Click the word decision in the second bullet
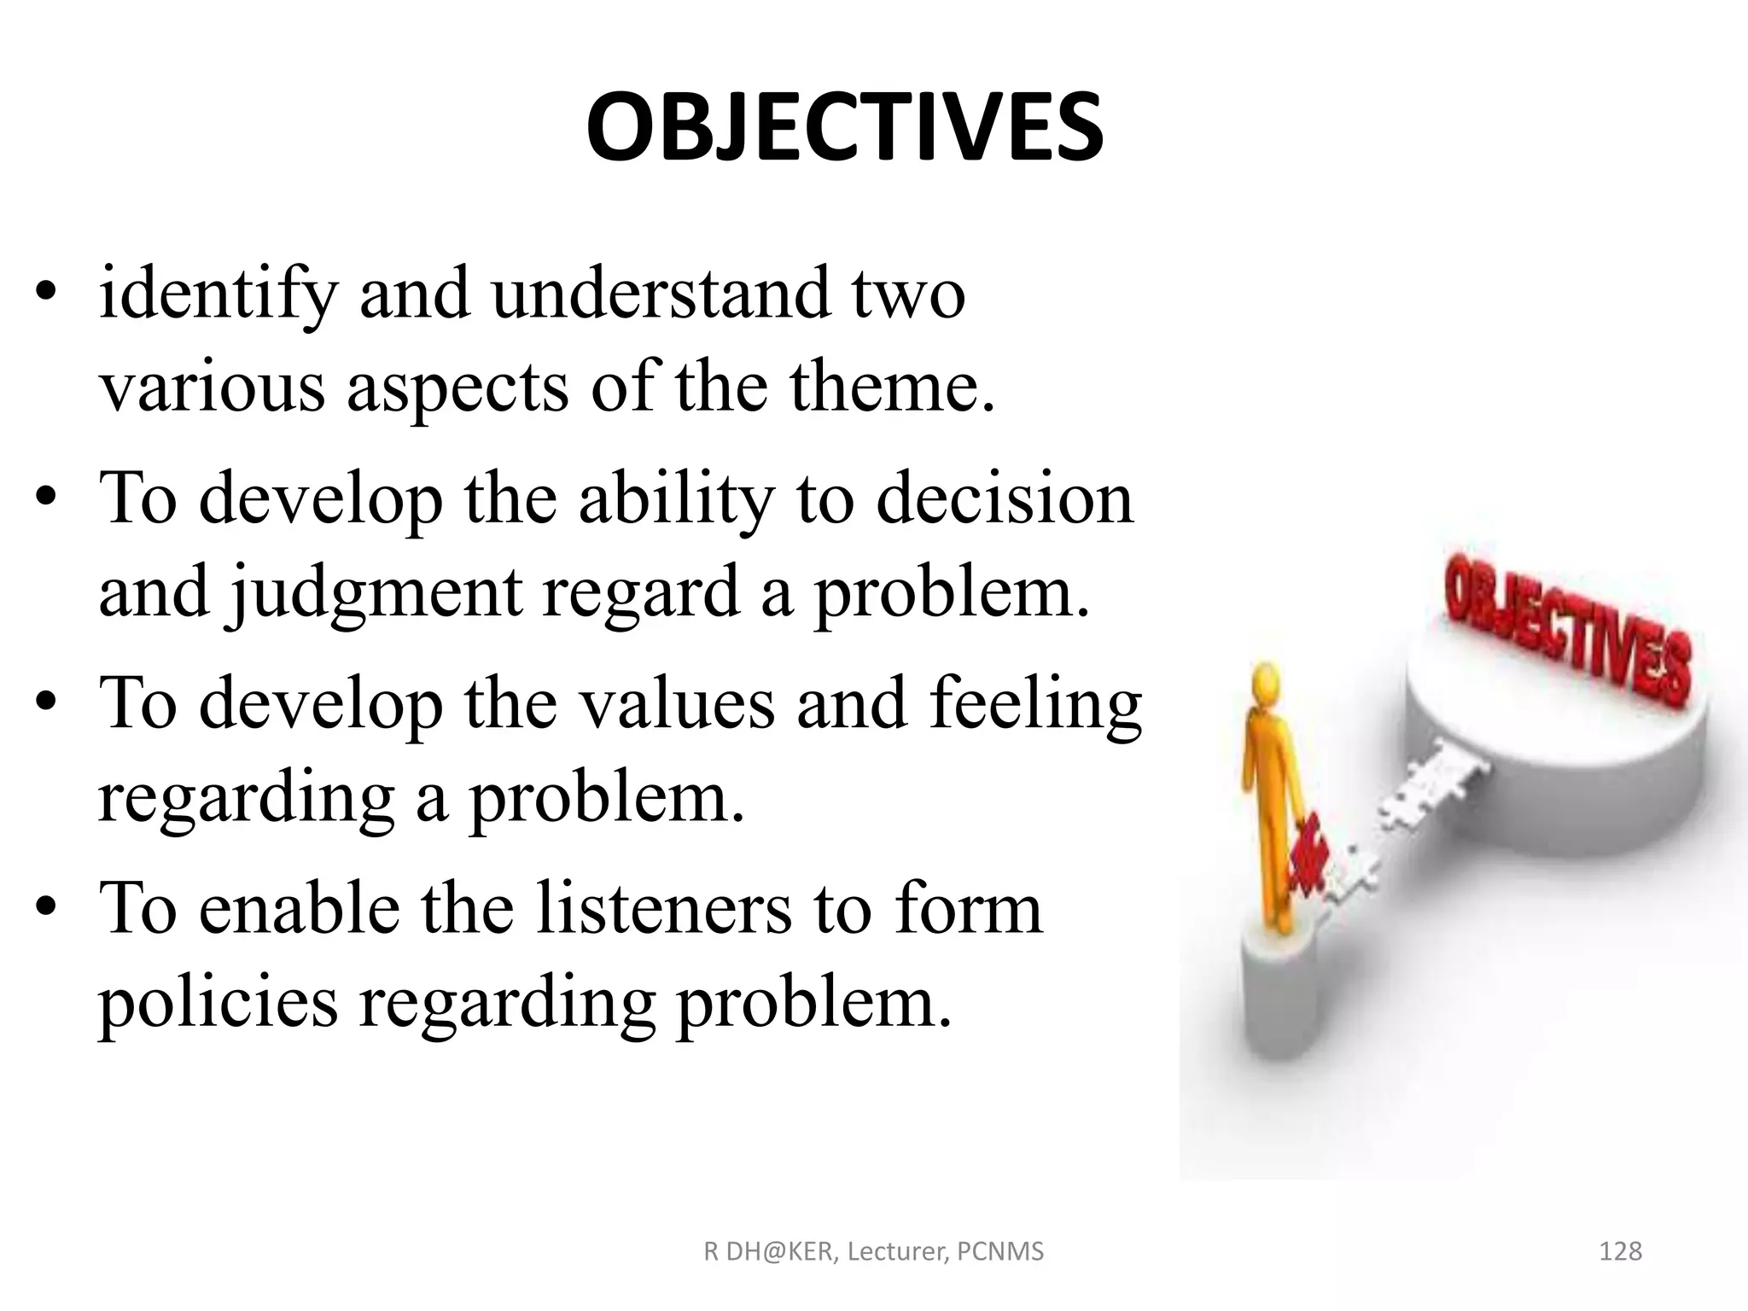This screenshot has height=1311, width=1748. (x=1005, y=499)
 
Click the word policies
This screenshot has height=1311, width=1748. (x=218, y=1003)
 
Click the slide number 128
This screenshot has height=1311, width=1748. (x=1619, y=1251)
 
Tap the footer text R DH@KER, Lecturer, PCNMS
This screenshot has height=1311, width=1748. (x=873, y=1251)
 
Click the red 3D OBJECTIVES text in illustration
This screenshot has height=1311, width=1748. (x=1566, y=632)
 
